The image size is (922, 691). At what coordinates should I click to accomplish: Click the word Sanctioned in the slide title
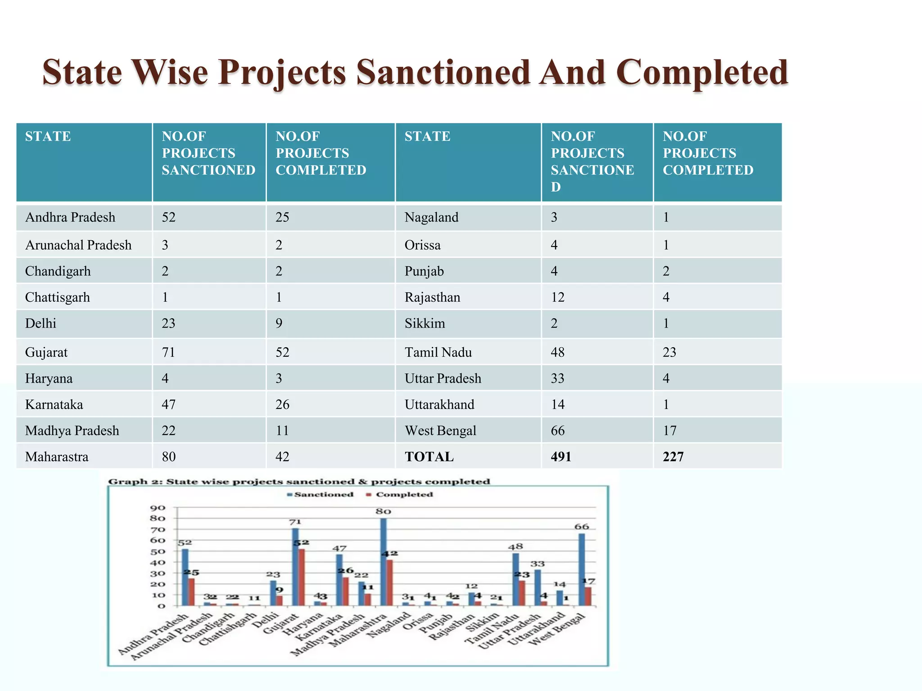(x=443, y=72)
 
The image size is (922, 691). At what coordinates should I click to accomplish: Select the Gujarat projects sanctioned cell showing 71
(x=168, y=352)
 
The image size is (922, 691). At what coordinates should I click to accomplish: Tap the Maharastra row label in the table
(x=57, y=457)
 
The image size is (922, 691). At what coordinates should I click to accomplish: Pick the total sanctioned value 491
(x=561, y=457)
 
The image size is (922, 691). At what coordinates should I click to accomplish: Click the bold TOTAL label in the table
(x=429, y=457)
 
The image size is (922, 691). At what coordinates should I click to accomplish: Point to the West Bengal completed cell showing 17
(x=669, y=431)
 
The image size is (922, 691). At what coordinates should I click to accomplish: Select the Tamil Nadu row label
(x=438, y=352)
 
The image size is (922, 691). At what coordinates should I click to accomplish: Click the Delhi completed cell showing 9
(x=279, y=324)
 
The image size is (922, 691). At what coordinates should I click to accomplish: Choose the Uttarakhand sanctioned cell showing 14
(x=557, y=405)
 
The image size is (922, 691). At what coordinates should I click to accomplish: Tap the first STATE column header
(x=48, y=136)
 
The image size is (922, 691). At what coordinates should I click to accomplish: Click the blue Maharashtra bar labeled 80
(x=383, y=562)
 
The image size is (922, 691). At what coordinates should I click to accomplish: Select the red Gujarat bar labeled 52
(x=302, y=577)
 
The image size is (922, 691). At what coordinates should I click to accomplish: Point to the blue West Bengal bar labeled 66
(x=582, y=570)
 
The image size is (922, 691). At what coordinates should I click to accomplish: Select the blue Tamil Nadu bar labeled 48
(x=515, y=579)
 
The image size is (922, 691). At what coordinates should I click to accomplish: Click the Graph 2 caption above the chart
(x=299, y=482)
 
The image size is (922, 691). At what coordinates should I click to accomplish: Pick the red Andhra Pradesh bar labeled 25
(x=192, y=592)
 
